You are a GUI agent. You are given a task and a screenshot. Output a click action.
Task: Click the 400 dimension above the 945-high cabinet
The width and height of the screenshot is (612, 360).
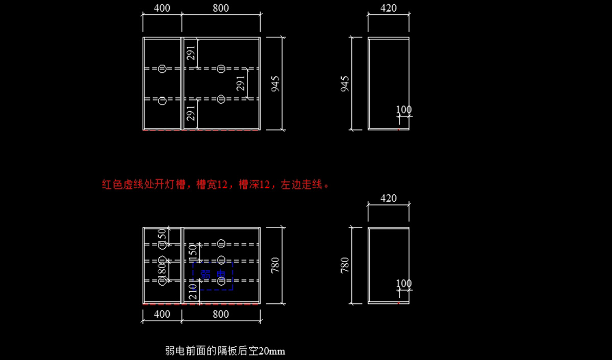tap(162, 8)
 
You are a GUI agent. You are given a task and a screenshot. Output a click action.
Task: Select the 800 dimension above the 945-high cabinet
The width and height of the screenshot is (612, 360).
tap(220, 8)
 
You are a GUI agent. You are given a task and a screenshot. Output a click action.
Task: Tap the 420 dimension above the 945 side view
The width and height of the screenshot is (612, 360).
tap(389, 8)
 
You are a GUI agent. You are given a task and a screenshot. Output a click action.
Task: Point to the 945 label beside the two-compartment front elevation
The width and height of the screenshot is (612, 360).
tap(275, 84)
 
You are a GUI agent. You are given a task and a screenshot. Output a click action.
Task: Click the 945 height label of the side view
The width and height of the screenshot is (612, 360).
tap(345, 84)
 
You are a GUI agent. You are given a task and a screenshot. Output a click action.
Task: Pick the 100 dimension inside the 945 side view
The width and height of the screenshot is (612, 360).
tap(403, 110)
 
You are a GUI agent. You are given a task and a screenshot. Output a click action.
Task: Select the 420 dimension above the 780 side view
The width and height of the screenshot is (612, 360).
tap(389, 198)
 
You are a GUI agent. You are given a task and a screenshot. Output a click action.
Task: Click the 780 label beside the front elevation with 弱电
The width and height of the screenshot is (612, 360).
tap(275, 265)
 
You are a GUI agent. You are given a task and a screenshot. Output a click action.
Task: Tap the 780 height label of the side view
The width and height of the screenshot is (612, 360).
tap(345, 265)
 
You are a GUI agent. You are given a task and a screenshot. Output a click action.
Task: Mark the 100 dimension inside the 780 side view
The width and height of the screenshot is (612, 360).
tap(403, 284)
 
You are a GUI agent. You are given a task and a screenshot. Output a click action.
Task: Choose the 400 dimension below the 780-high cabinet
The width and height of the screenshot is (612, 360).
tap(162, 314)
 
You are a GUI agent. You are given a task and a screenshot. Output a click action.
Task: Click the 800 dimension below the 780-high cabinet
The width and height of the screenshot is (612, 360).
tap(220, 314)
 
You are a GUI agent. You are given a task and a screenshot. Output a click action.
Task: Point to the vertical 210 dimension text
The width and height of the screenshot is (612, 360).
tap(193, 292)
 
